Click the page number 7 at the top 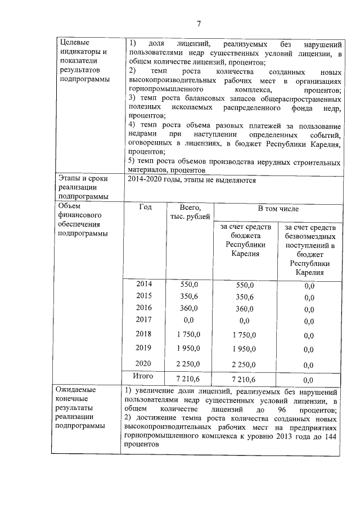[x=198, y=23]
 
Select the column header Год [x=145, y=207]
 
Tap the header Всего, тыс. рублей [x=189, y=212]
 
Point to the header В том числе [x=278, y=209]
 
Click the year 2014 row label [x=145, y=284]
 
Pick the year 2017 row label [x=145, y=319]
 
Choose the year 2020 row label [x=145, y=363]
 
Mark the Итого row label [x=143, y=376]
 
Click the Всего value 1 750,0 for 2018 [x=189, y=334]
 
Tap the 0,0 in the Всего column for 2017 [x=189, y=320]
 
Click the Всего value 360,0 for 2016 [x=189, y=308]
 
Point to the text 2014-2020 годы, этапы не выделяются [x=192, y=181]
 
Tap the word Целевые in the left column [x=74, y=43]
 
